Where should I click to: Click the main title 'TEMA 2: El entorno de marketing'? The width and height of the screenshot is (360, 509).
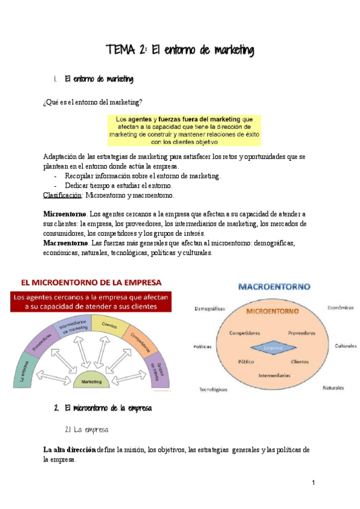click(179, 50)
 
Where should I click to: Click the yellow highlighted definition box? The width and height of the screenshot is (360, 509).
click(184, 130)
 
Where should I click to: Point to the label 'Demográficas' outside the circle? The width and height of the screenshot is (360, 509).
click(209, 309)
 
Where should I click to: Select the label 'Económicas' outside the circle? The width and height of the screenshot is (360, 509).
click(340, 307)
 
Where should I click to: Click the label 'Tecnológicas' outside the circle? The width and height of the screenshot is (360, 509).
click(213, 390)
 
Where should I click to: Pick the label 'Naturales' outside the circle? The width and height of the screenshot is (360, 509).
click(334, 388)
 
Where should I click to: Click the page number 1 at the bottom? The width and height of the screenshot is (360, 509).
click(313, 483)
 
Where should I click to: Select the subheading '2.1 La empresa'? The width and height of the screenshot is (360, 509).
click(86, 430)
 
